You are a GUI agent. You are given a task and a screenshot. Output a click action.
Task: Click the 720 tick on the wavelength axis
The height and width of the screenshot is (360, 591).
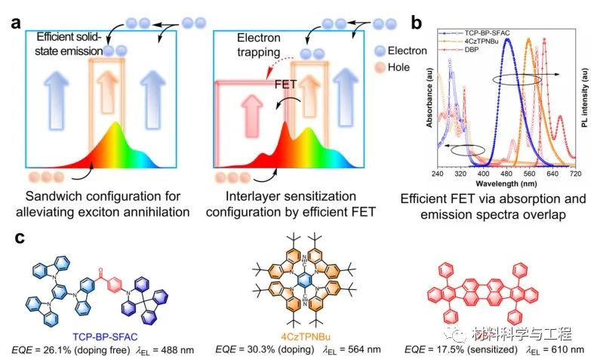click(x=574, y=173)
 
